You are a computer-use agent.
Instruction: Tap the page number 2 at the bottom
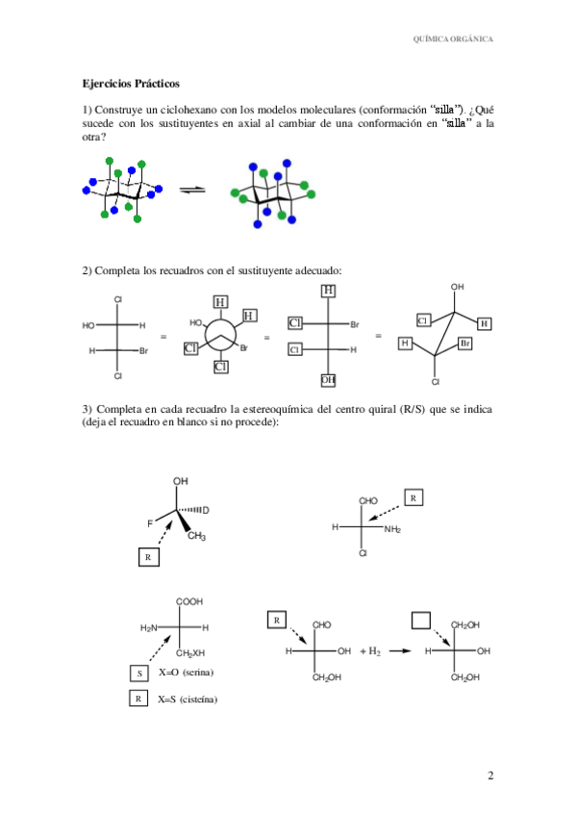pos(489,776)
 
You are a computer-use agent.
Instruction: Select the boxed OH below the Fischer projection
pos(329,381)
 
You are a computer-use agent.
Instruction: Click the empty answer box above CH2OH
pos(421,621)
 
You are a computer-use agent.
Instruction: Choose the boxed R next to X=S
pos(139,699)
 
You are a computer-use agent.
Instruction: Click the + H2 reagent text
pos(371,651)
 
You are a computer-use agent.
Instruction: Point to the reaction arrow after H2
pos(401,651)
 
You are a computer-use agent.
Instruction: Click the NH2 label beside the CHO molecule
pos(392,528)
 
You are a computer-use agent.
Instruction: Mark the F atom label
pos(150,523)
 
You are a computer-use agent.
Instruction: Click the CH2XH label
pos(190,654)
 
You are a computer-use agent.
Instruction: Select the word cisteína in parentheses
pos(201,700)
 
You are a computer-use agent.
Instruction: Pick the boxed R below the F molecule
pos(147,557)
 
